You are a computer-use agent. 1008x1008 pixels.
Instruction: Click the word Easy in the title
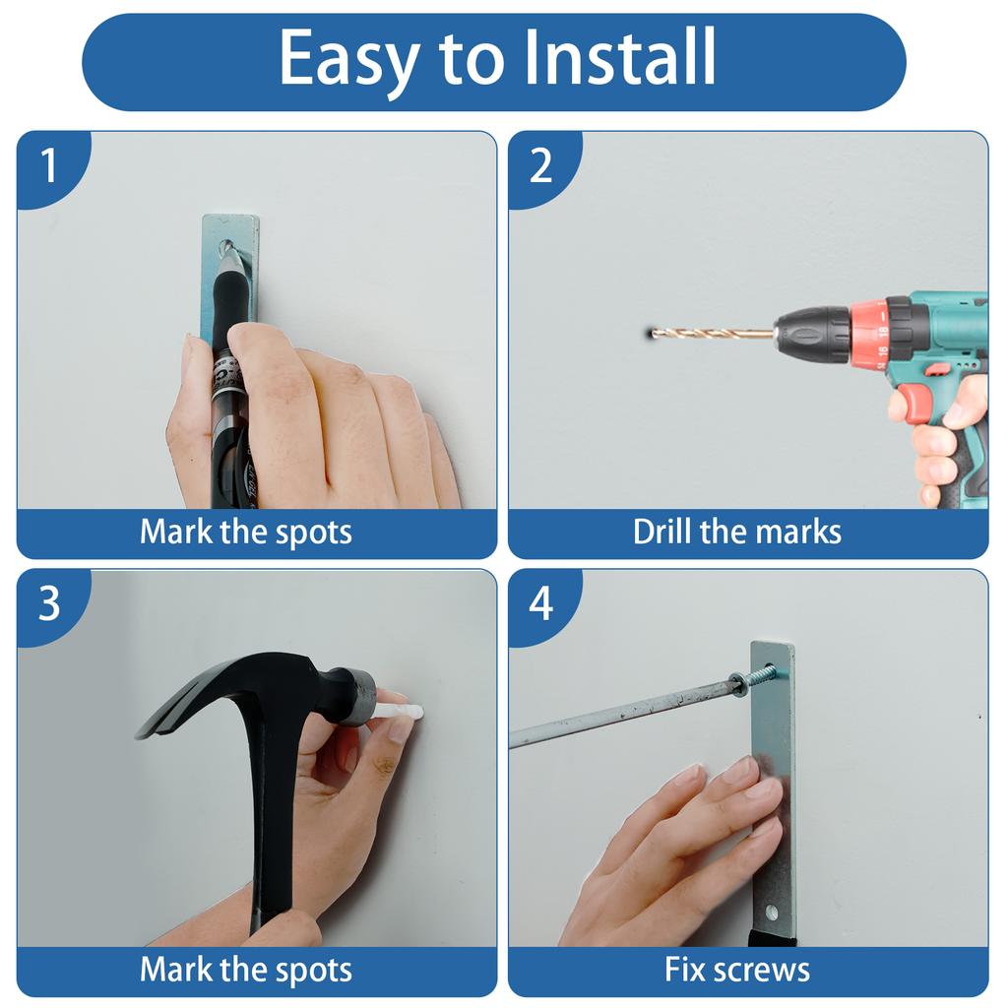pos(349,60)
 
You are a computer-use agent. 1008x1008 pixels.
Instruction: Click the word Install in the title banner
pos(620,58)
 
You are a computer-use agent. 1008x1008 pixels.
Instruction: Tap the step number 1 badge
pos(48,165)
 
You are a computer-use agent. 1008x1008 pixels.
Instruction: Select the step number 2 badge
pos(540,165)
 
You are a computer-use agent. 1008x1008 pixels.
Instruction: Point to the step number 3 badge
pos(48,603)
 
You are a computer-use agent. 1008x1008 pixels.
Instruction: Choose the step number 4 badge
pos(540,603)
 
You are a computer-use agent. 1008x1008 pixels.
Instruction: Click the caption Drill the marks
pos(736,533)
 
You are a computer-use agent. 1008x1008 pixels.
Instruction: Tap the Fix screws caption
pos(736,970)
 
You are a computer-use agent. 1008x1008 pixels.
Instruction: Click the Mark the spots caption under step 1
pos(245,533)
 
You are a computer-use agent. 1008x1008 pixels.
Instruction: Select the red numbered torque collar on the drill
pos(870,335)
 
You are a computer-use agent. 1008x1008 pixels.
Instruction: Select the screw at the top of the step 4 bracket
pos(758,676)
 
